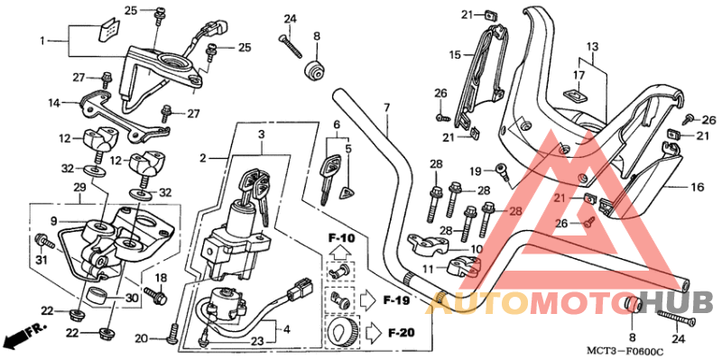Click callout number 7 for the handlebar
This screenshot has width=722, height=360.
[x=385, y=108]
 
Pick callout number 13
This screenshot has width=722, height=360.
[x=592, y=45]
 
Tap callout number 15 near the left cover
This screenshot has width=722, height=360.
[x=456, y=54]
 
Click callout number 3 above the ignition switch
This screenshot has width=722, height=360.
[x=261, y=135]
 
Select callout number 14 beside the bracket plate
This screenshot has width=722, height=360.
[x=53, y=104]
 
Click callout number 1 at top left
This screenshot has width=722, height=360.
[x=42, y=41]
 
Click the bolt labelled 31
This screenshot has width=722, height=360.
[x=43, y=241]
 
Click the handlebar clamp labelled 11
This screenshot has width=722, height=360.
[x=461, y=266]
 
